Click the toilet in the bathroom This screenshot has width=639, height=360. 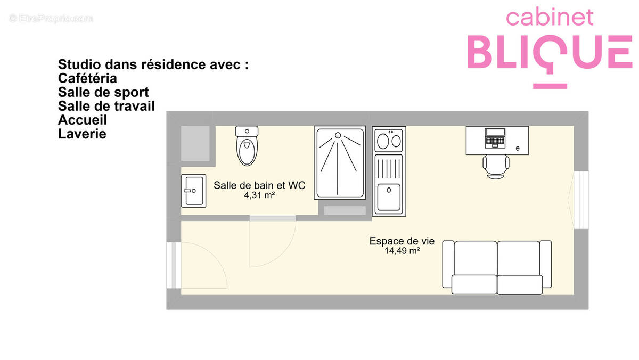[247, 146]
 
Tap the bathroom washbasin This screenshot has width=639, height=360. [193, 190]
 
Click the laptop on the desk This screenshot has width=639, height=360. [495, 137]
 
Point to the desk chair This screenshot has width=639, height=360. [496, 166]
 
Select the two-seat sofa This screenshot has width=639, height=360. [497, 267]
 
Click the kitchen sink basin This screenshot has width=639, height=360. [388, 197]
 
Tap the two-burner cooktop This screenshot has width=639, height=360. [389, 141]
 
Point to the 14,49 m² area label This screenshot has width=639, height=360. [402, 251]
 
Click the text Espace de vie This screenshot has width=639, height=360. [402, 241]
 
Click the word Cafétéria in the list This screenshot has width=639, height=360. [87, 78]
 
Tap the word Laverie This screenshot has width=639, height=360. [82, 134]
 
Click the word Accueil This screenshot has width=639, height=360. [83, 120]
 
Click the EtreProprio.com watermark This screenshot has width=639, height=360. [51, 19]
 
